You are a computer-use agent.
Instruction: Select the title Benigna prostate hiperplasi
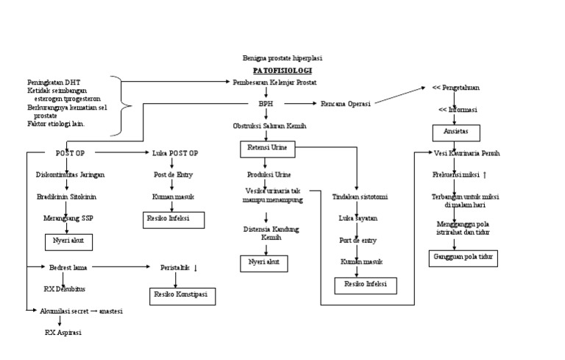(x=282, y=57)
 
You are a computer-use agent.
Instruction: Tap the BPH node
(x=265, y=105)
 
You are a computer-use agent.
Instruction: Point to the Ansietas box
(x=455, y=133)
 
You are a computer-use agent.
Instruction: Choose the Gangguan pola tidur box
(x=463, y=258)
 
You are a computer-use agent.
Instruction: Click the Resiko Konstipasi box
(x=180, y=296)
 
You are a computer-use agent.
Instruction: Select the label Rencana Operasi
(x=345, y=104)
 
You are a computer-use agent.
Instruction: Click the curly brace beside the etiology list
(x=125, y=105)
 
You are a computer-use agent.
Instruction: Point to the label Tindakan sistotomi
(x=360, y=197)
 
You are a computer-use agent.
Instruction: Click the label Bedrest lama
(x=69, y=267)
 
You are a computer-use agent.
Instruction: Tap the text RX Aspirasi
(x=62, y=332)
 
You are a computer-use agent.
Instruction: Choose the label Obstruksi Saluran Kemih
(x=269, y=127)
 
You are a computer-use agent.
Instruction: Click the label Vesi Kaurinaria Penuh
(x=467, y=154)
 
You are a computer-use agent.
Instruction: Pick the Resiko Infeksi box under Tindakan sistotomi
(x=366, y=284)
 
